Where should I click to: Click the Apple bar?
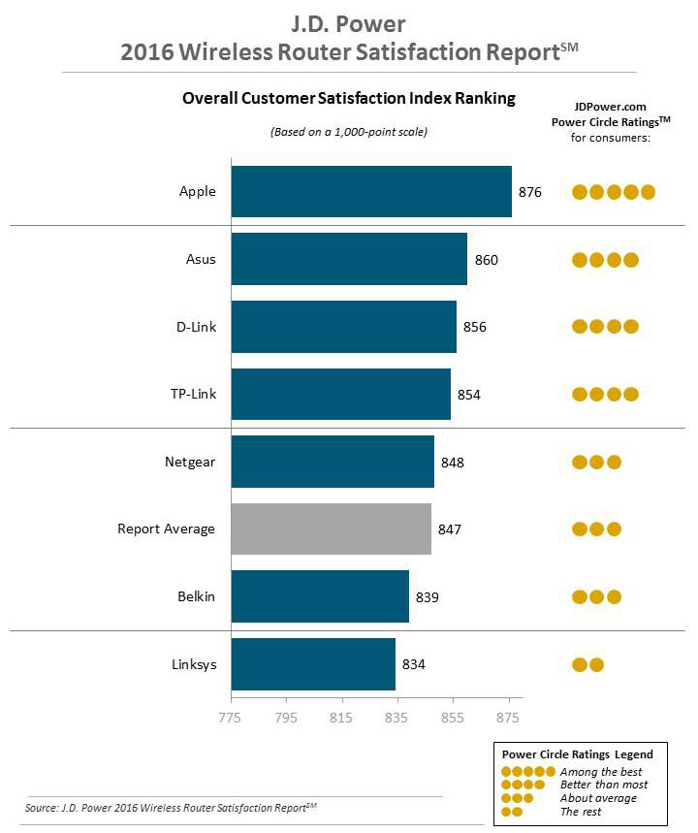[370, 192]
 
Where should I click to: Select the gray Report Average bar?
[331, 529]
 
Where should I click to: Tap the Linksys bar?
[313, 664]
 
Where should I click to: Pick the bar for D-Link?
[343, 327]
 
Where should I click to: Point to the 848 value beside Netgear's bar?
[453, 463]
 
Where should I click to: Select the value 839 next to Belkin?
[428, 597]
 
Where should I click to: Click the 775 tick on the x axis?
[231, 719]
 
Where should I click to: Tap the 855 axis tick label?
[452, 719]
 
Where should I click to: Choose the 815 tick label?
[341, 719]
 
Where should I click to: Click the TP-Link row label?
[194, 395]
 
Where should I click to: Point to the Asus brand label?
[201, 260]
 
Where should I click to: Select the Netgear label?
[191, 463]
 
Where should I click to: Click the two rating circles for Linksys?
[588, 665]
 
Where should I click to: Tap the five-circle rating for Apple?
[614, 192]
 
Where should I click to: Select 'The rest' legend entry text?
[581, 811]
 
